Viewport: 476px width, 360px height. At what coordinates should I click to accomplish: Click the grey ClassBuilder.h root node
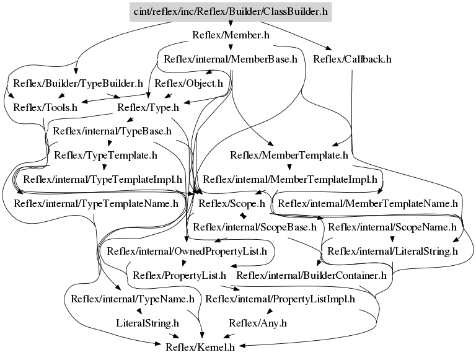pos(230,12)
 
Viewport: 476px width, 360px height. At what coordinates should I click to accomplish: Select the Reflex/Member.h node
pos(230,36)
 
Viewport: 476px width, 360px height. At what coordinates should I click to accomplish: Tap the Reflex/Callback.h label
pos(353,59)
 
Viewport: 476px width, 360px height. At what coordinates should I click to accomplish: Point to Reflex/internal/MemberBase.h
pos(231,59)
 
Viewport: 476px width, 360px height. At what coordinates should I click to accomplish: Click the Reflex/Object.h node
pos(188,83)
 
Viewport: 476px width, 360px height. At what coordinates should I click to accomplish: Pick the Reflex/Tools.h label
pos(45,107)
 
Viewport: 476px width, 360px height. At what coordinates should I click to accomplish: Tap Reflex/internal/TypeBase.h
pos(112,131)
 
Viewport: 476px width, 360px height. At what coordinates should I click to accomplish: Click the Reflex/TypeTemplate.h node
pos(105,155)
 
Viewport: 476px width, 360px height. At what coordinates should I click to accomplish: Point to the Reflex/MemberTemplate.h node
pos(289,155)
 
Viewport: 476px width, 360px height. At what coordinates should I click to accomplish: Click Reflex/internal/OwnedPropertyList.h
pos(187,251)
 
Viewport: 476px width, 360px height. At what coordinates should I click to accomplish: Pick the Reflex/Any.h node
pos(258,322)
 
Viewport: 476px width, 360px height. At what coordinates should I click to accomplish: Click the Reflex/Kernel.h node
pos(200,346)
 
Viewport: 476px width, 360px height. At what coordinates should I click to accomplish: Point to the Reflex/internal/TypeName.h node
pos(133,299)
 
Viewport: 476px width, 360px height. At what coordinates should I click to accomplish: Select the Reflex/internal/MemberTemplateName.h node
pos(368,203)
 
